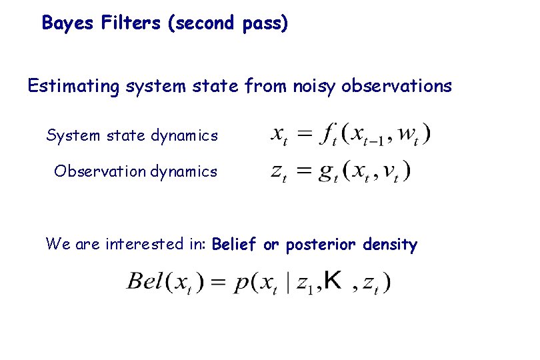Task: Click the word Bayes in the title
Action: [x=69, y=24]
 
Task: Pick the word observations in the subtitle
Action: [x=396, y=87]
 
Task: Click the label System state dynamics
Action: [x=132, y=136]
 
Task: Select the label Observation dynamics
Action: [x=136, y=171]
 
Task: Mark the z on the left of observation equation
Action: [x=279, y=173]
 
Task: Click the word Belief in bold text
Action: [x=233, y=245]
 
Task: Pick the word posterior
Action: [x=323, y=245]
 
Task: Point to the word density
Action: [x=390, y=245]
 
